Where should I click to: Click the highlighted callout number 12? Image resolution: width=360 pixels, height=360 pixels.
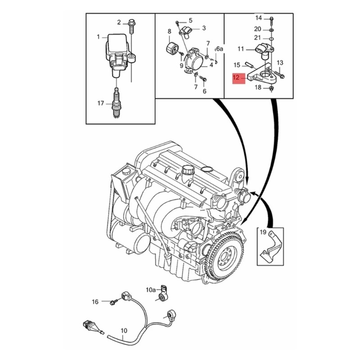[236, 77]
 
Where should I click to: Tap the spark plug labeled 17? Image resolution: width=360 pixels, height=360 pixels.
[117, 103]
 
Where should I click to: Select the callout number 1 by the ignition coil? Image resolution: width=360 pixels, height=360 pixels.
[99, 36]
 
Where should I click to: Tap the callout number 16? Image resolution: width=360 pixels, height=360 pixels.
[95, 301]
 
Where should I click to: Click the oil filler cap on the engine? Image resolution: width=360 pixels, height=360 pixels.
[188, 171]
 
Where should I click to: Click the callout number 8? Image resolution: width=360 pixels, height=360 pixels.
[169, 31]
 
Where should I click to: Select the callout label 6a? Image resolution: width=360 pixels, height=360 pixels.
[220, 48]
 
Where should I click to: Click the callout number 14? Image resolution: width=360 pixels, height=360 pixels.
[258, 18]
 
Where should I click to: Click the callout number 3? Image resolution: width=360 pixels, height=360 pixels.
[203, 28]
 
